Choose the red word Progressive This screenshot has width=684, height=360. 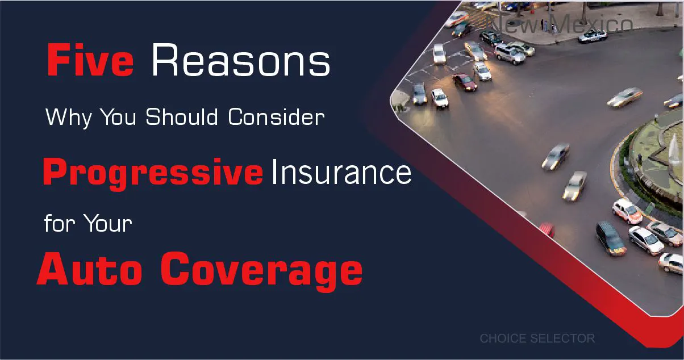153,173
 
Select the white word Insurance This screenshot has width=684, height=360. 341,173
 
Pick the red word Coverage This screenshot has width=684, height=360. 262,271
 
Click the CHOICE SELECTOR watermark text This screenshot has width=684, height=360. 537,338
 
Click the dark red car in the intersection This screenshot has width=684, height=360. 465,82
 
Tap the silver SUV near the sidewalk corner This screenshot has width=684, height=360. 510,53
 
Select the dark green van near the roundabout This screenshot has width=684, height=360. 610,237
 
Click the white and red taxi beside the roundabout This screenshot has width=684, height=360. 627,211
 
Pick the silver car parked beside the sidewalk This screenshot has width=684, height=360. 592,35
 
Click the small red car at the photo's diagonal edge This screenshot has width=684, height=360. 547,229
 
